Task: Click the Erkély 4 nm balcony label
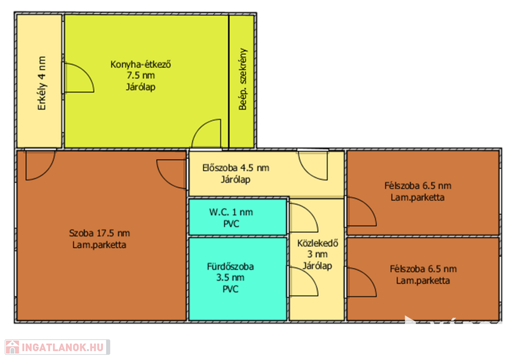(41, 83)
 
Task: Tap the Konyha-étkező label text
(141, 64)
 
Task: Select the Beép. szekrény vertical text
(243, 79)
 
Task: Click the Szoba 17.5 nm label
(99, 233)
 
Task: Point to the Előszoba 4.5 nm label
(236, 168)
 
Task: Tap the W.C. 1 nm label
(231, 212)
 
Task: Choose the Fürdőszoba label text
(230, 266)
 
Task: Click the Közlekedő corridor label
(318, 243)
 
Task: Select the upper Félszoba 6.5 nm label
(418, 185)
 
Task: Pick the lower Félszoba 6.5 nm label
(423, 269)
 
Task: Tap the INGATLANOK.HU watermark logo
(57, 347)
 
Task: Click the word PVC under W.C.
(231, 223)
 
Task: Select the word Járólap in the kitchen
(141, 87)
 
